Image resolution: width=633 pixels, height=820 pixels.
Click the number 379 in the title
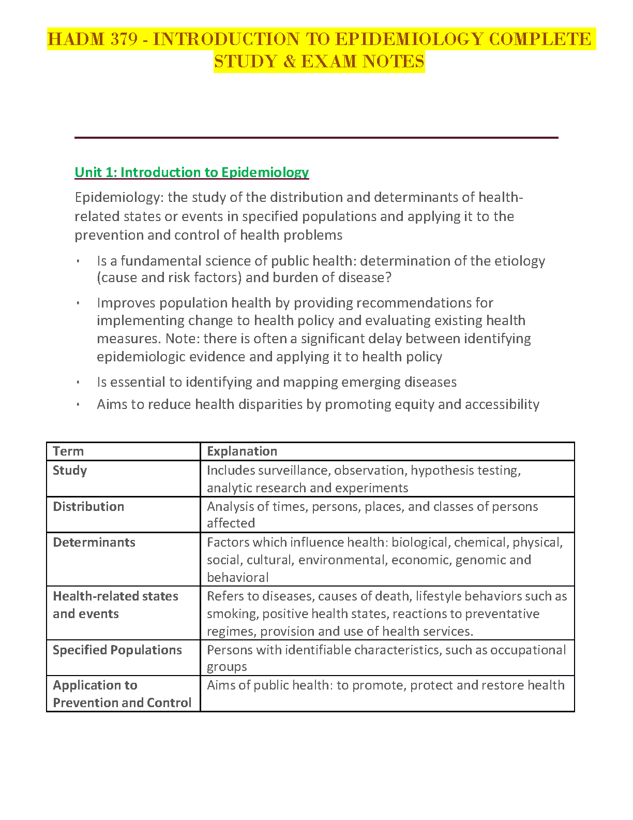(124, 39)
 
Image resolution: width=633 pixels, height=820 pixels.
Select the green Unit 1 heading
(191, 172)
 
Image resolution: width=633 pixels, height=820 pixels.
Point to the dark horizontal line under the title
(316, 138)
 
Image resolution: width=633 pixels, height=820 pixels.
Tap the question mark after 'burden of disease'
(388, 277)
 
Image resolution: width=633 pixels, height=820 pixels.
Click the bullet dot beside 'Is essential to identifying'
(78, 383)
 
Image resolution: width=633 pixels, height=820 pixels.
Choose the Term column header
(68, 451)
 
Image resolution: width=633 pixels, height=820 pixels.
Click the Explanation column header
(242, 451)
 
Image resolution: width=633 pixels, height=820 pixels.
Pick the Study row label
(70, 471)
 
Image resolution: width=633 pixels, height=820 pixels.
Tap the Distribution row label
(88, 507)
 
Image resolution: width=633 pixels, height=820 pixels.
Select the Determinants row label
(94, 543)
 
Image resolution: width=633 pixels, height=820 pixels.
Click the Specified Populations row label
(117, 650)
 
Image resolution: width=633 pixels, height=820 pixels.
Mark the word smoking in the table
(232, 614)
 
